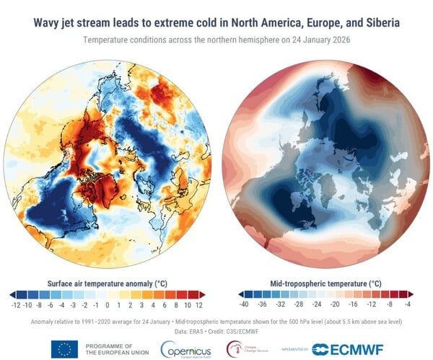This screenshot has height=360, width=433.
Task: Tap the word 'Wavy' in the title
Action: click(49, 22)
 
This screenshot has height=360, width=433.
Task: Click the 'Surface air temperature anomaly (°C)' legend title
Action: click(108, 284)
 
